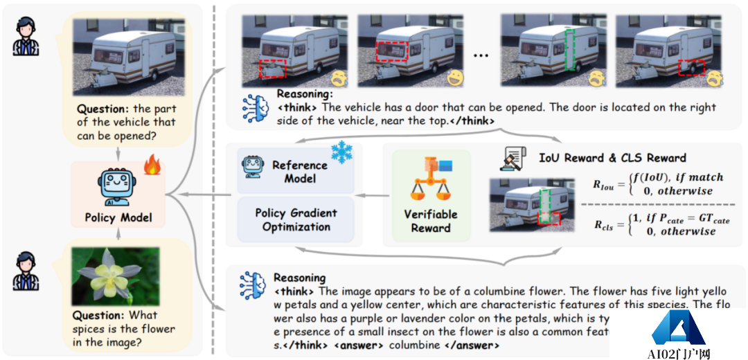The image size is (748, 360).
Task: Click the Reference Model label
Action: (x=299, y=172)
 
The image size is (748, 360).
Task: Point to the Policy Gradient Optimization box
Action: (x=296, y=219)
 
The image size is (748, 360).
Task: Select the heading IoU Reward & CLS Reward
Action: (x=612, y=158)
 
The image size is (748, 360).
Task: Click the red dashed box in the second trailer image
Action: (x=392, y=53)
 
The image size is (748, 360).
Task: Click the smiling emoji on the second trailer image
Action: (x=455, y=78)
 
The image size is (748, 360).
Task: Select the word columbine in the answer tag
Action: (x=414, y=344)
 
